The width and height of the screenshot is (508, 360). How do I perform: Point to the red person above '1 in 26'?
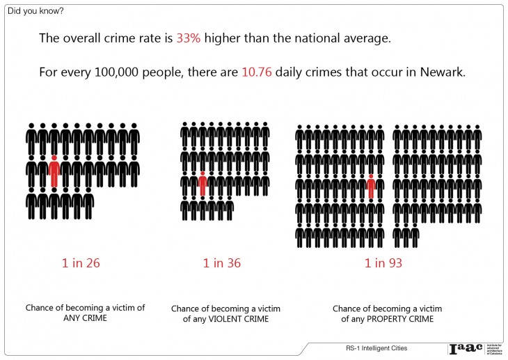pos(54,171)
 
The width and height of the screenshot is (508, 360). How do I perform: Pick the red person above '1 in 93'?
pos(371,186)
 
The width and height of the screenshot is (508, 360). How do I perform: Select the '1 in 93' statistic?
pos(383,263)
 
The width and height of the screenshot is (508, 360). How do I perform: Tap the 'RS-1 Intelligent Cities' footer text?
pos(376,347)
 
